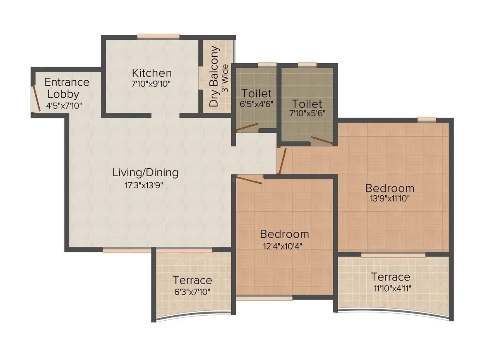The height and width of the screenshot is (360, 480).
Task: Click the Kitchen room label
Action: (x=151, y=73)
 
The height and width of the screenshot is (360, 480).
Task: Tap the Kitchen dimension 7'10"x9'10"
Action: (x=151, y=84)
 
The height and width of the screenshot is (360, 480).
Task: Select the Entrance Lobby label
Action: (x=67, y=88)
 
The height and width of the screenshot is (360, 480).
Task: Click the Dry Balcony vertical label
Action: (x=214, y=77)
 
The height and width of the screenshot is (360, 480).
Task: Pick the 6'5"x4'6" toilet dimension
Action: (x=257, y=104)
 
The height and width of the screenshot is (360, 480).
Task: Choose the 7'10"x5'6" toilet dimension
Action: (x=307, y=113)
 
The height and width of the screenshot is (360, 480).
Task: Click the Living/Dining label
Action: (x=145, y=173)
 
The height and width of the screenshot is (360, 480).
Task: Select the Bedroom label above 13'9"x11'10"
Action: (x=389, y=188)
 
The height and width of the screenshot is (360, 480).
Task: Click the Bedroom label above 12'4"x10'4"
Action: (x=284, y=234)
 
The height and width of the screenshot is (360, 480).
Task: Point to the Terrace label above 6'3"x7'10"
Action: (x=192, y=280)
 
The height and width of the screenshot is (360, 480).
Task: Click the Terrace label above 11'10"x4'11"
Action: (x=390, y=276)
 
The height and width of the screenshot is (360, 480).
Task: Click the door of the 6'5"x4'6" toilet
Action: (x=247, y=128)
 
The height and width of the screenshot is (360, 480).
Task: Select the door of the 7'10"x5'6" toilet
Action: (x=322, y=141)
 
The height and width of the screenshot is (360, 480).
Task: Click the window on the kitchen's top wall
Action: (x=158, y=36)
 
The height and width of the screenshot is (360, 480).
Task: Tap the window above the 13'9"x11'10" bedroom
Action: (x=426, y=119)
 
